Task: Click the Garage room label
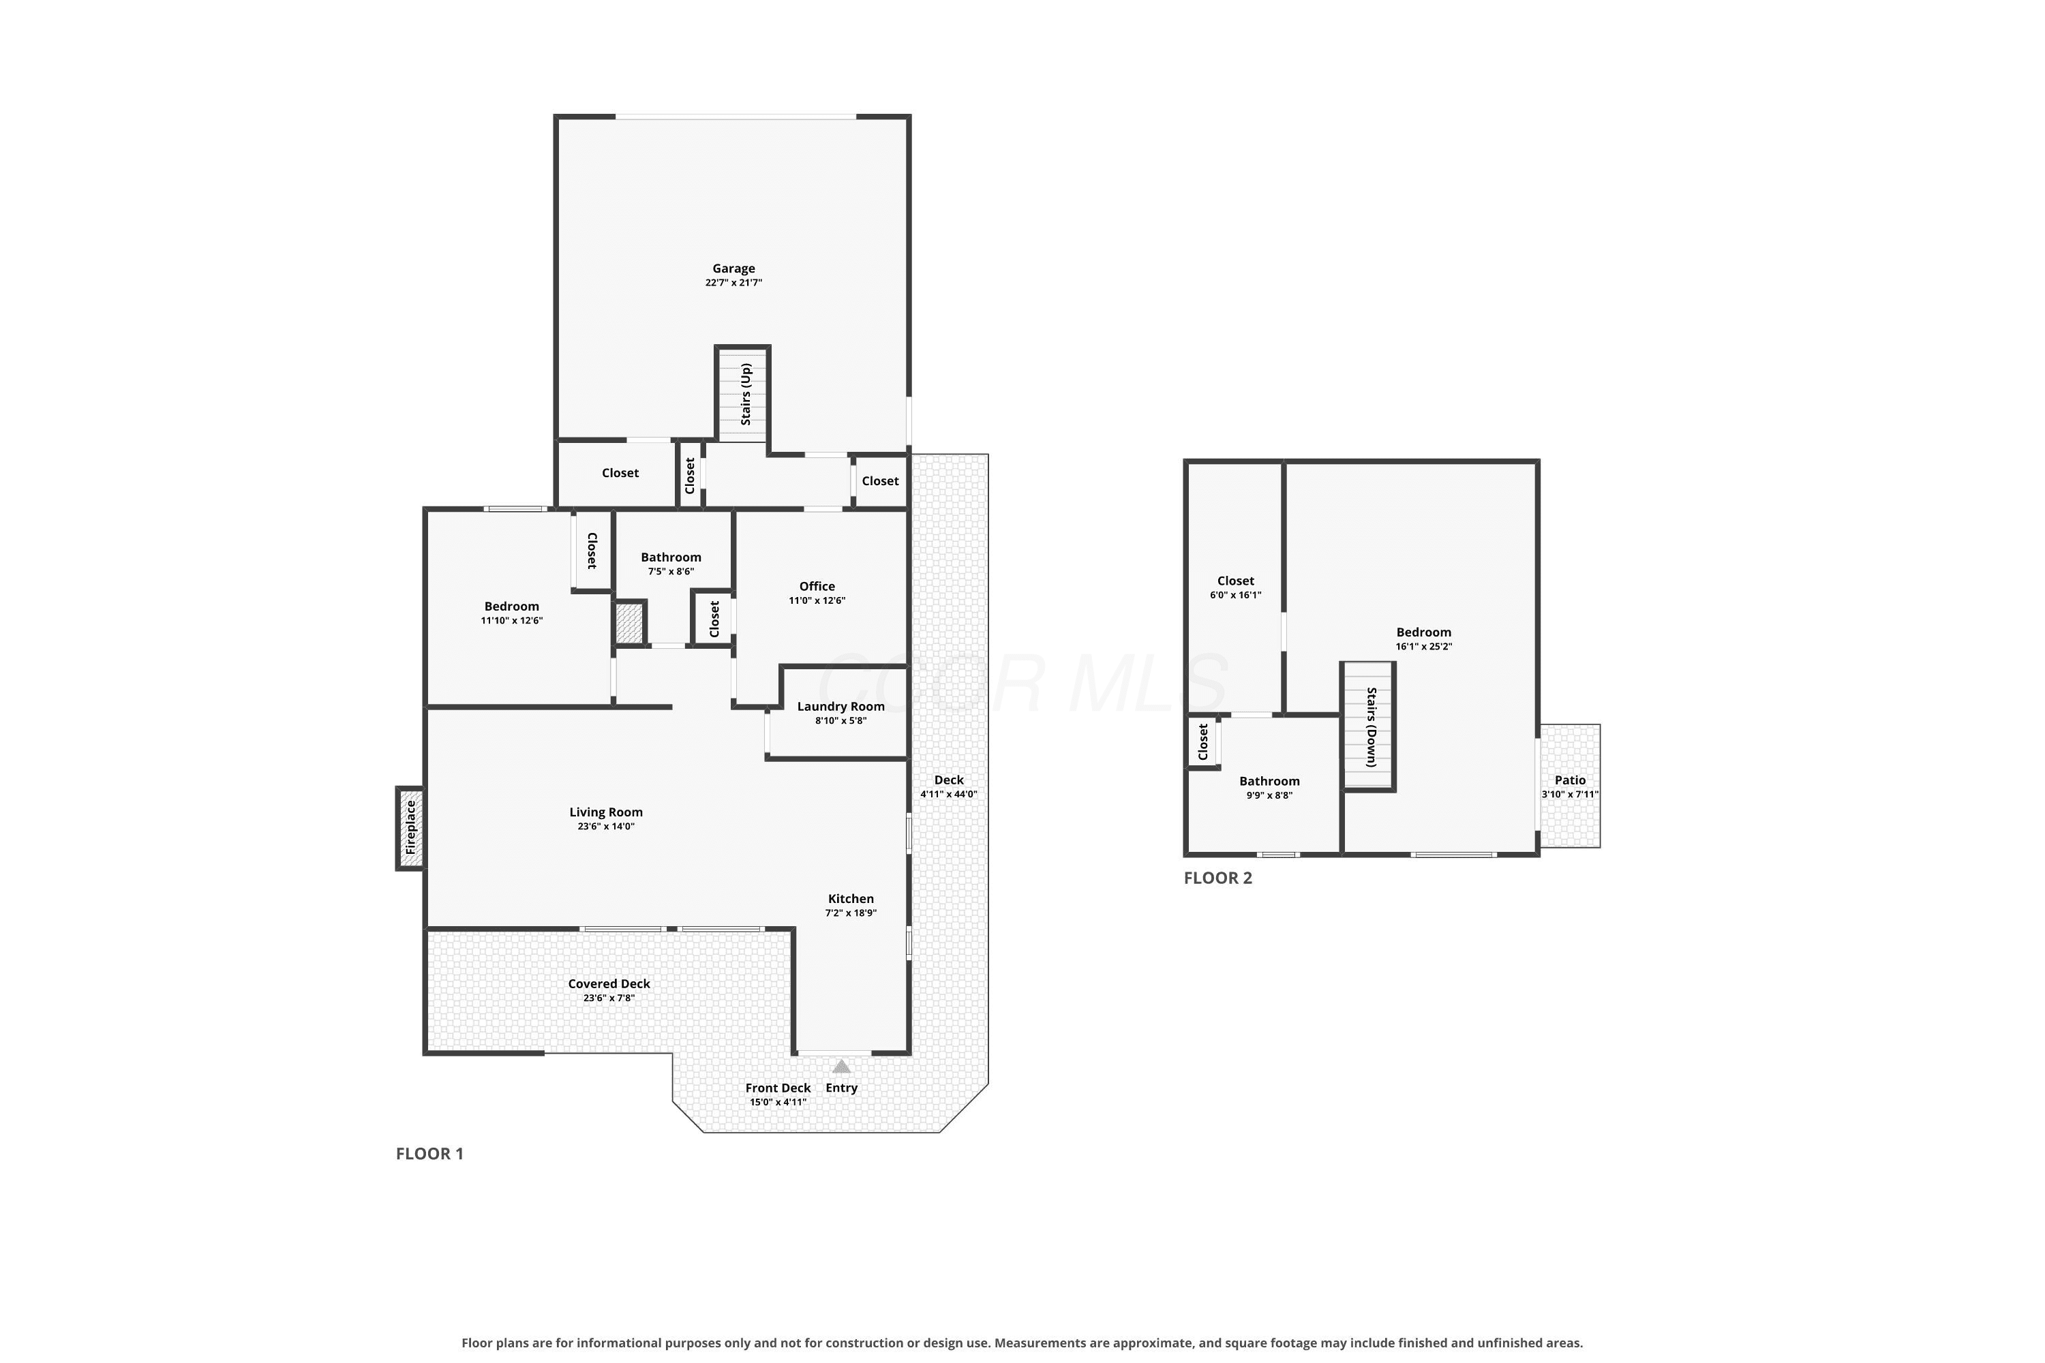(x=734, y=269)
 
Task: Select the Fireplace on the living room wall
(x=410, y=827)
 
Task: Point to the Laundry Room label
(x=840, y=707)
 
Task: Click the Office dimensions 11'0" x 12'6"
(x=817, y=600)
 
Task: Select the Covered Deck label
(x=609, y=984)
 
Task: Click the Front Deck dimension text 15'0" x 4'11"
(x=778, y=1102)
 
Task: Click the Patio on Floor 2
(x=1571, y=785)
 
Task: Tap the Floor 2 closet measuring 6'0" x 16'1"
(x=1235, y=587)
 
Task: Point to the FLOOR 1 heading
(x=429, y=1154)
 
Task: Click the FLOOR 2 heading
(x=1218, y=878)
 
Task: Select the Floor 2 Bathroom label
(x=1269, y=782)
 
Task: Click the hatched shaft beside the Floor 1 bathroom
(x=629, y=622)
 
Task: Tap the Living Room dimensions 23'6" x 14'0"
(x=606, y=827)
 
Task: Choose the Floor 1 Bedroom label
(x=512, y=607)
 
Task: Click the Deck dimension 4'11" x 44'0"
(x=949, y=795)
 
